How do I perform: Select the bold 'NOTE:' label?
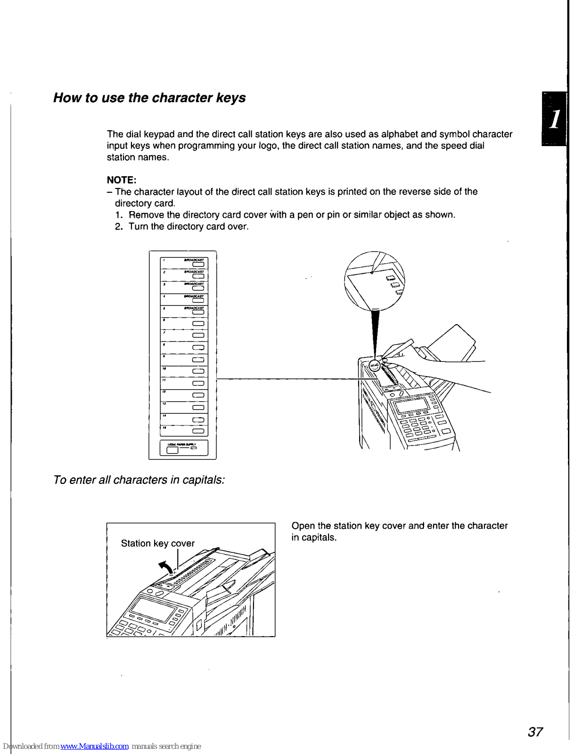coord(122,180)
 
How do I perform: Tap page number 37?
coord(535,732)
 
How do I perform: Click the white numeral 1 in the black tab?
coord(555,119)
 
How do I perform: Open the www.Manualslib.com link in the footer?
coord(94,746)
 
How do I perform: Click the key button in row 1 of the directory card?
coord(198,264)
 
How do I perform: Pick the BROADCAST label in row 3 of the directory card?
coord(194,284)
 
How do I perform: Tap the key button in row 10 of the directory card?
coord(198,372)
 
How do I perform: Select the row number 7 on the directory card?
coord(164,332)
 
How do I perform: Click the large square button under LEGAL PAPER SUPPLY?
coord(172,450)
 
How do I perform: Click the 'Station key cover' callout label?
coord(157,543)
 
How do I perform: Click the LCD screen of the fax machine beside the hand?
coord(411,405)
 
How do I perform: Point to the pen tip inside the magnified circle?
coord(372,272)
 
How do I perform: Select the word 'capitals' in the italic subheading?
coord(203,480)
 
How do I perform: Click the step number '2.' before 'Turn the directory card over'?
coord(119,227)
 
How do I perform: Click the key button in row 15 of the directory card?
coord(198,431)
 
